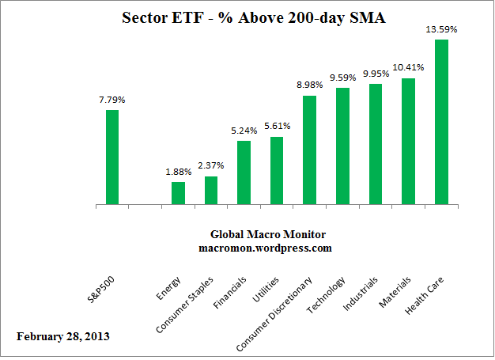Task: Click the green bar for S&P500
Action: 112,157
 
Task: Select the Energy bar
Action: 178,194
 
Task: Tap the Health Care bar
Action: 442,123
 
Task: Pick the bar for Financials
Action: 244,173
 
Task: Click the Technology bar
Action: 343,146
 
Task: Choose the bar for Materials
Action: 409,142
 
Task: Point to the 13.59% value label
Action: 441,29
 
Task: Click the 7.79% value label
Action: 111,100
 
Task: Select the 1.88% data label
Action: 178,172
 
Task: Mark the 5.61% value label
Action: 277,126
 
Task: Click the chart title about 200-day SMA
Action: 247,17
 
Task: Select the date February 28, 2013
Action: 63,336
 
